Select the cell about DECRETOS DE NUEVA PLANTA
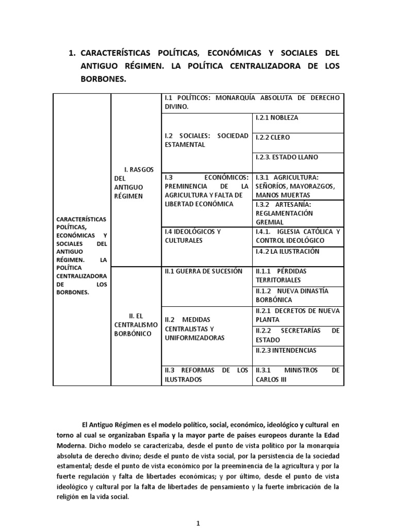[298, 315]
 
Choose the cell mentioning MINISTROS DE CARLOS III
[298, 375]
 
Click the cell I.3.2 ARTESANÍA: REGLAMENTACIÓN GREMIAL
[298, 213]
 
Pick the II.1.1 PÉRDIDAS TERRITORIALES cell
[298, 276]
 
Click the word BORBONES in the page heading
[103, 79]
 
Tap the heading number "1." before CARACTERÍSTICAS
[72, 54]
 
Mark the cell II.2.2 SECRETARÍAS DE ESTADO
[298, 335]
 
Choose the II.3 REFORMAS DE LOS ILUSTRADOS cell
[206, 375]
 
